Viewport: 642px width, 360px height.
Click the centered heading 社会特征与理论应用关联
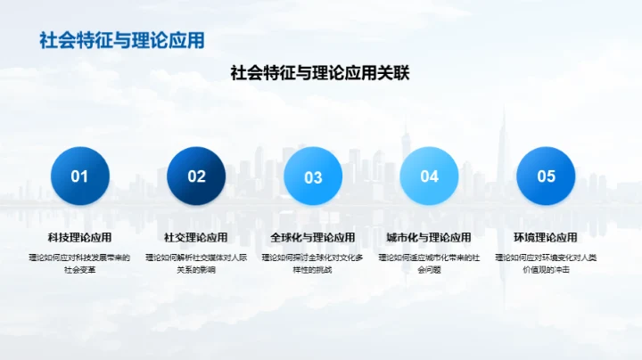320,74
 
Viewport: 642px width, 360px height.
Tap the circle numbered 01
80,176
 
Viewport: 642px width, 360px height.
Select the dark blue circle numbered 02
196,176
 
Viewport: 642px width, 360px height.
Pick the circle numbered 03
313,176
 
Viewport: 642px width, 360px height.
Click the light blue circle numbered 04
429,176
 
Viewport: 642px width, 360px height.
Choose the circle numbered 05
546,176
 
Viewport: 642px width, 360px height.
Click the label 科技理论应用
80,238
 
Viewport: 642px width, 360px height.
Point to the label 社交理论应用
196,238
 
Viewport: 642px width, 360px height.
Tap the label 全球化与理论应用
313,238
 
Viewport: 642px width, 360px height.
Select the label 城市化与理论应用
429,238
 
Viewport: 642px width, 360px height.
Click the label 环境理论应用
546,238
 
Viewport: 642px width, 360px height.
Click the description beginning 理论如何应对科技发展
80,263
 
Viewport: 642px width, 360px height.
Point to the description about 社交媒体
196,263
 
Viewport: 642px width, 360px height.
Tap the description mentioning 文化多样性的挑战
313,263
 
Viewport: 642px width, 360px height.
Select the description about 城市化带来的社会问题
429,263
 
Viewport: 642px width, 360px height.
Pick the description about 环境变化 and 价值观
546,263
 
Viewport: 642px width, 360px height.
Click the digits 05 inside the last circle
546,176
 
